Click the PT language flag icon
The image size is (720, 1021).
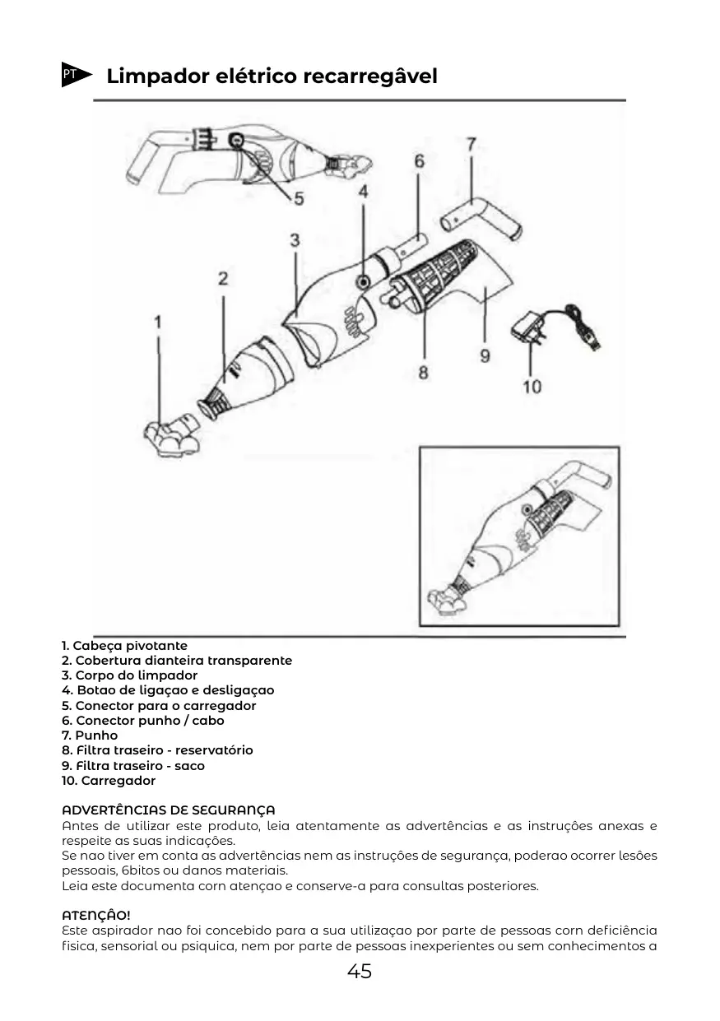pos(73,75)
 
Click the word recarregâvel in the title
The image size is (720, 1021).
pos(370,77)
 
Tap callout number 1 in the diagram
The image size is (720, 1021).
pos(159,321)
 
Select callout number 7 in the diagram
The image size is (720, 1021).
pos(471,144)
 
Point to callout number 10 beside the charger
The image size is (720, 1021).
pos(532,386)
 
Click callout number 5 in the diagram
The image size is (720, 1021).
pos(298,198)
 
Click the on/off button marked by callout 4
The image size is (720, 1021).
pos(362,282)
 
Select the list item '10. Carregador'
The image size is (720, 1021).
pos(109,781)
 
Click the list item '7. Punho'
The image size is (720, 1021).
pos(90,736)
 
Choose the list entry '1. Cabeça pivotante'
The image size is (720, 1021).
pos(124,646)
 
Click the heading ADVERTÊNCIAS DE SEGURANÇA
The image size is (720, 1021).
pos(169,810)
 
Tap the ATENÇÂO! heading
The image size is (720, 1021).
pos(96,915)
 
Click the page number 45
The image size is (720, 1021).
pos(360,972)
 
